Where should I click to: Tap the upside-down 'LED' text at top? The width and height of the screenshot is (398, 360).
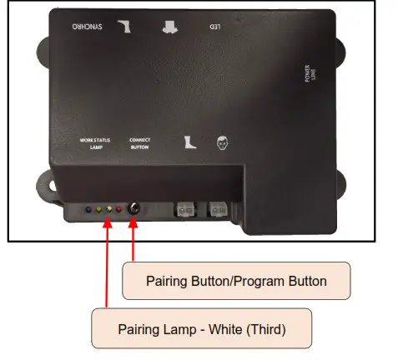(x=214, y=27)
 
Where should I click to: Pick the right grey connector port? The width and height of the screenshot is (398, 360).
(x=218, y=210)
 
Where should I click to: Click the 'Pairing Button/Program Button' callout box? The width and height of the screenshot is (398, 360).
(x=236, y=281)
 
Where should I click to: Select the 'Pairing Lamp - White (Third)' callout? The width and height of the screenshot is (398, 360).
(x=201, y=328)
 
